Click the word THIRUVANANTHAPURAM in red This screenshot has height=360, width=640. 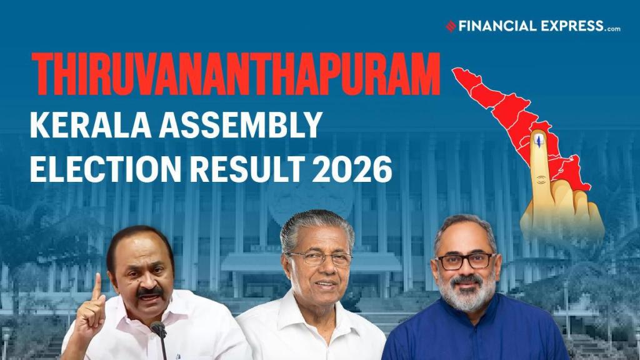[x=236, y=74]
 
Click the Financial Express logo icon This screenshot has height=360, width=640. [x=451, y=26]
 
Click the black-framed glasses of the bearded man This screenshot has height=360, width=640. [x=465, y=261]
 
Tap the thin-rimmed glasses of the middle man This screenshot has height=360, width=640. [x=321, y=258]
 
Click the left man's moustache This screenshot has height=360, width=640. [x=149, y=292]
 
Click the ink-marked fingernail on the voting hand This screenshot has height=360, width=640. [x=539, y=140]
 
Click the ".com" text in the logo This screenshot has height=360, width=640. [x=613, y=29]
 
